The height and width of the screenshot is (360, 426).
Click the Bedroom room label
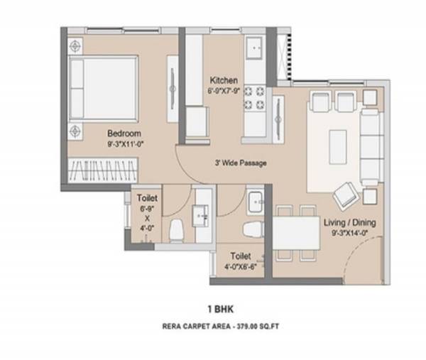[x=124, y=133]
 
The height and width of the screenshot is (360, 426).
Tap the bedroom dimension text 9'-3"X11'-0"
[x=124, y=143]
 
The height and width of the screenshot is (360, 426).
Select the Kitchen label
[x=224, y=81]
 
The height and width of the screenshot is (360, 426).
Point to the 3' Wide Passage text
[x=241, y=163]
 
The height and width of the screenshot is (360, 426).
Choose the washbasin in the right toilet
[x=254, y=201]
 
